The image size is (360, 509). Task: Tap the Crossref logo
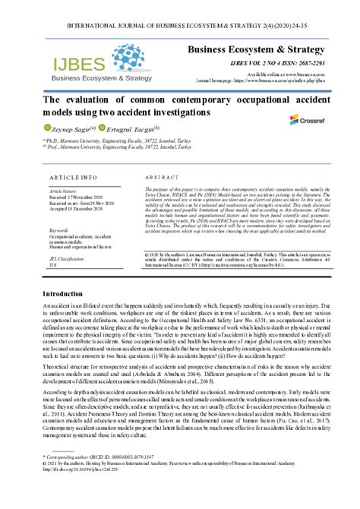pos(307,119)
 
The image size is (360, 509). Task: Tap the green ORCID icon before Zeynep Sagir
pos(46,129)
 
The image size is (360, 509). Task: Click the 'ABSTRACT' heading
pos(161,175)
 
